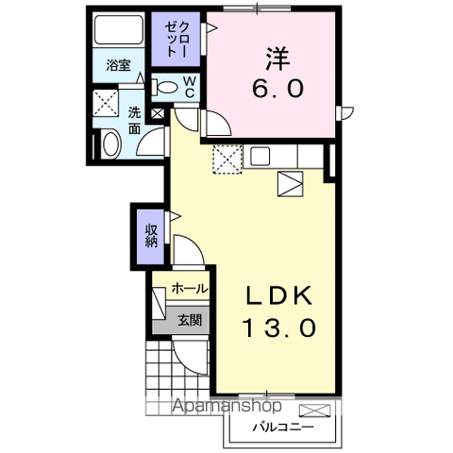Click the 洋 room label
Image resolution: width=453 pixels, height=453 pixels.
click(277, 59)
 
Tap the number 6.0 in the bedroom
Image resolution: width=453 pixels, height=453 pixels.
click(276, 90)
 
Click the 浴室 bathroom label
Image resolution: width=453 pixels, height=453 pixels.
click(118, 66)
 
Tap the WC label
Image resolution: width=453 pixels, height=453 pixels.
click(189, 88)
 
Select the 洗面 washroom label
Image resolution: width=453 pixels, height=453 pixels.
click(134, 119)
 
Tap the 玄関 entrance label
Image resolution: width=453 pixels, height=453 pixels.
click(189, 320)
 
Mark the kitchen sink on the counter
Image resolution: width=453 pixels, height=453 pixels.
click(260, 156)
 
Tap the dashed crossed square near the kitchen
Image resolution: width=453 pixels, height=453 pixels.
click(226, 160)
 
